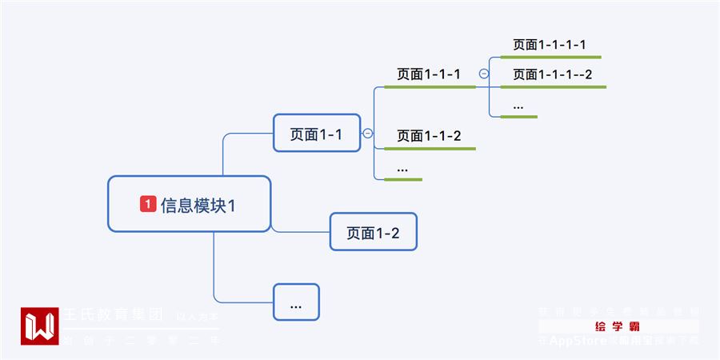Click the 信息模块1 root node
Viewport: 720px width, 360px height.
[190, 204]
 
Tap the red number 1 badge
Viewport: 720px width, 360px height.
[148, 204]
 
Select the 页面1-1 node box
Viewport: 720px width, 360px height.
[316, 133]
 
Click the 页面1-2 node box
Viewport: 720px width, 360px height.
[373, 232]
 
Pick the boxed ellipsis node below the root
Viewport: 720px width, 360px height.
[296, 302]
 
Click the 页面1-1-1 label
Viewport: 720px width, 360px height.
[429, 74]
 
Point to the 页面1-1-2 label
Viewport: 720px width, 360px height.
[429, 135]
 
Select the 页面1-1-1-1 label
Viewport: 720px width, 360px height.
[550, 45]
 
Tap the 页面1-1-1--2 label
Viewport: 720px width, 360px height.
[552, 74]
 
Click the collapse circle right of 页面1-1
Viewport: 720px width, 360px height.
[368, 134]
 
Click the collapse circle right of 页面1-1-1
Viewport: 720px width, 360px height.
[484, 74]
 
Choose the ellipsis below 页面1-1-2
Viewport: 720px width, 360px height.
[402, 168]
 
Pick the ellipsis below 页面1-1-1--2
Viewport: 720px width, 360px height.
[518, 105]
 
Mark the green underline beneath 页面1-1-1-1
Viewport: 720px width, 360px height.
[550, 58]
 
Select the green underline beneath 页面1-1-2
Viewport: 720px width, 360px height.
[430, 149]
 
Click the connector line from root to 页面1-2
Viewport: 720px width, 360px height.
[300, 232]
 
